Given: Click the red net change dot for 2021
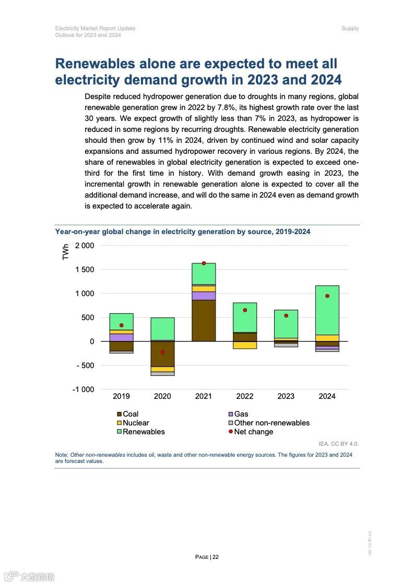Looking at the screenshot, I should (204, 263).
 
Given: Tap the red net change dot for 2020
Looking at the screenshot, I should (162, 352).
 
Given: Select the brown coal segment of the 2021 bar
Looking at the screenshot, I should (204, 321).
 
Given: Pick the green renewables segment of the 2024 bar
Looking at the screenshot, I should (327, 310).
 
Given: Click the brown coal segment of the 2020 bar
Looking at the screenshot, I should (162, 355).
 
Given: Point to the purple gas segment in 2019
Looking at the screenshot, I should (121, 337).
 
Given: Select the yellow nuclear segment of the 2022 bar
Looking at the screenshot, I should (245, 345).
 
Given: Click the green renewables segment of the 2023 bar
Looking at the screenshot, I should (286, 324).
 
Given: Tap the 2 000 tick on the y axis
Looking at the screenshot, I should (85, 246).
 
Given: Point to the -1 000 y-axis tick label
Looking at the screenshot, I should (84, 389).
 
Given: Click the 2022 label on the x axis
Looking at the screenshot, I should (245, 396).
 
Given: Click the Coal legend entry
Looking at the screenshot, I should (131, 414).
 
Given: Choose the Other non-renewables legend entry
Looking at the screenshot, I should (271, 423).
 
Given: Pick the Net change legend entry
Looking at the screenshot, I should (253, 432).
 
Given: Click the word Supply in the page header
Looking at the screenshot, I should (350, 28).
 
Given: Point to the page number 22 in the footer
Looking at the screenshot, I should (216, 557).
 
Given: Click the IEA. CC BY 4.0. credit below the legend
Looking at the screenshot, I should (339, 444).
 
